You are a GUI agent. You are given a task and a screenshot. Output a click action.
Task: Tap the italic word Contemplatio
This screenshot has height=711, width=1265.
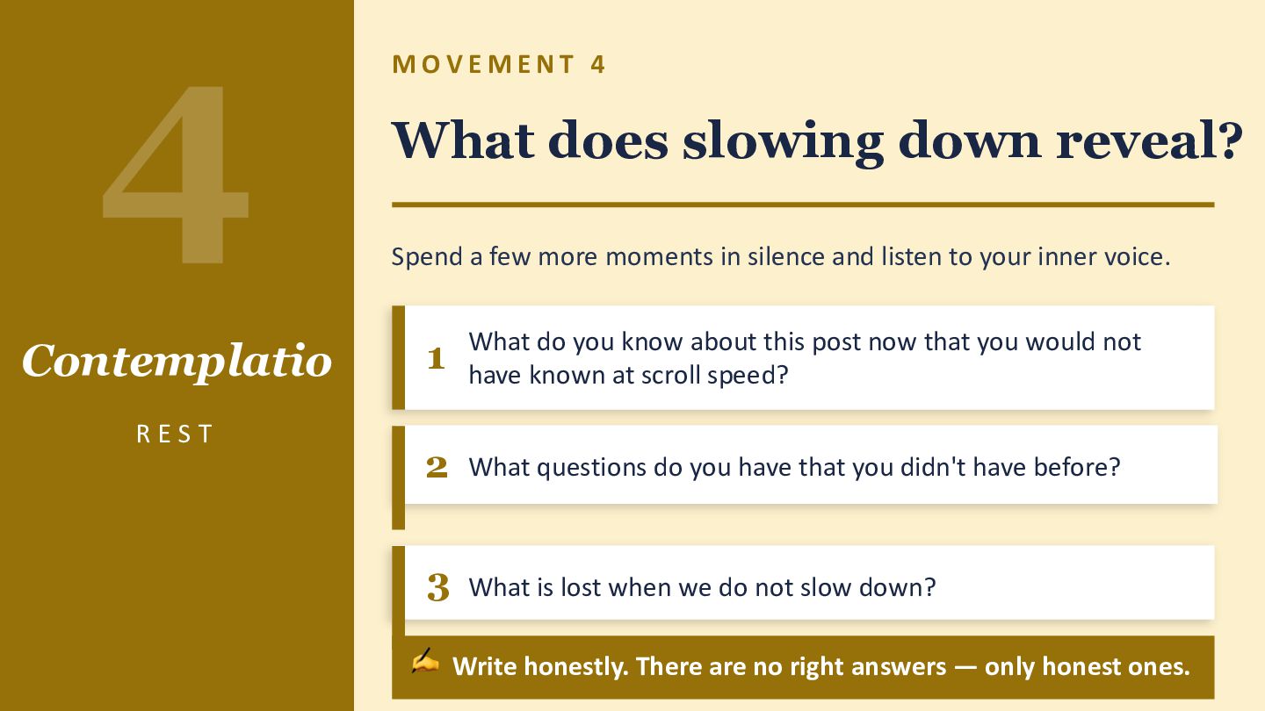[177, 361]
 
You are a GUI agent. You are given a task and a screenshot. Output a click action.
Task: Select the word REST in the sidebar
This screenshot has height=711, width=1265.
[175, 434]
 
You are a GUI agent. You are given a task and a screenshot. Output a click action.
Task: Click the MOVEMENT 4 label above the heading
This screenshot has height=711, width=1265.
[499, 64]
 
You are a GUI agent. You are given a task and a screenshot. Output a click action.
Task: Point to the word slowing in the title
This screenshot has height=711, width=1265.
[783, 141]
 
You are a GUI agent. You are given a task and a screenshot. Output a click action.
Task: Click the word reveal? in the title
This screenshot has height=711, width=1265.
[1150, 140]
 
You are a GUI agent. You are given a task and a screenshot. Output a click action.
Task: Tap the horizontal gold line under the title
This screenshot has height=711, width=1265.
[803, 205]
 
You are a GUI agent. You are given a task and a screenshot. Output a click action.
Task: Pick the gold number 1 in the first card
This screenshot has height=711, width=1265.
[436, 358]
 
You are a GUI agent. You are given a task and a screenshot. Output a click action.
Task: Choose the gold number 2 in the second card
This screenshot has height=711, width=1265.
[437, 467]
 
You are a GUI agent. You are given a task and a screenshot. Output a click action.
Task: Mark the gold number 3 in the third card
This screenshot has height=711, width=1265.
[437, 587]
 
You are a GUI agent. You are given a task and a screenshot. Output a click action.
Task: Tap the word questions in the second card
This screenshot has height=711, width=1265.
[591, 468]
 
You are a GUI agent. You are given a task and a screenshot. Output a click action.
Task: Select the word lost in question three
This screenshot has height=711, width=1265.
[581, 587]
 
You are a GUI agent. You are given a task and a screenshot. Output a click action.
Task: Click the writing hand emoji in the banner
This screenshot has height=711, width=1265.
[425, 661]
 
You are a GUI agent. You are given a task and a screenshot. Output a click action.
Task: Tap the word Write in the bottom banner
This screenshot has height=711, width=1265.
[486, 666]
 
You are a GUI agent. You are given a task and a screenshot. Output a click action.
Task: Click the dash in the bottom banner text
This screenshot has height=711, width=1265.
[965, 667]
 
